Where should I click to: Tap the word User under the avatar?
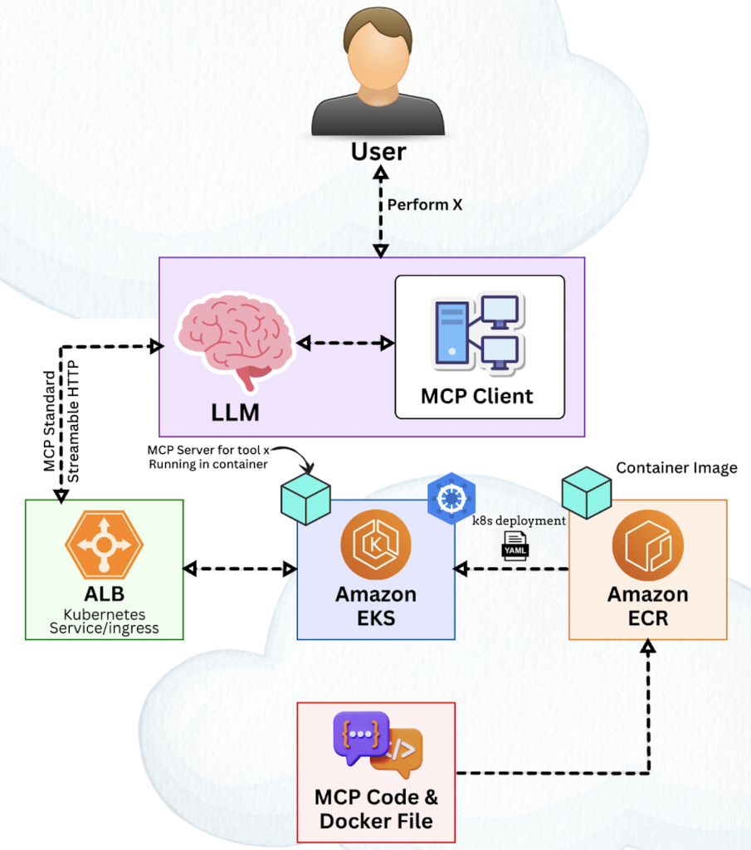click(x=378, y=152)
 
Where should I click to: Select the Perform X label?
click(x=424, y=204)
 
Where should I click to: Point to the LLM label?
click(x=234, y=410)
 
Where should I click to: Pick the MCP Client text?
click(x=477, y=395)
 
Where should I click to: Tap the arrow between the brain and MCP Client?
click(x=344, y=343)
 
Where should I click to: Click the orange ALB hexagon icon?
click(x=104, y=545)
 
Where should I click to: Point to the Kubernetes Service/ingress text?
click(x=104, y=622)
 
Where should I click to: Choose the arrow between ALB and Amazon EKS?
click(x=240, y=569)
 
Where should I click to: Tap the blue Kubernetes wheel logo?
click(x=446, y=497)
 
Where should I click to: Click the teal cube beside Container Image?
click(x=587, y=492)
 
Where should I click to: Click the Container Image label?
click(x=676, y=468)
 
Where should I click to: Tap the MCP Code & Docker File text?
click(x=376, y=809)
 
